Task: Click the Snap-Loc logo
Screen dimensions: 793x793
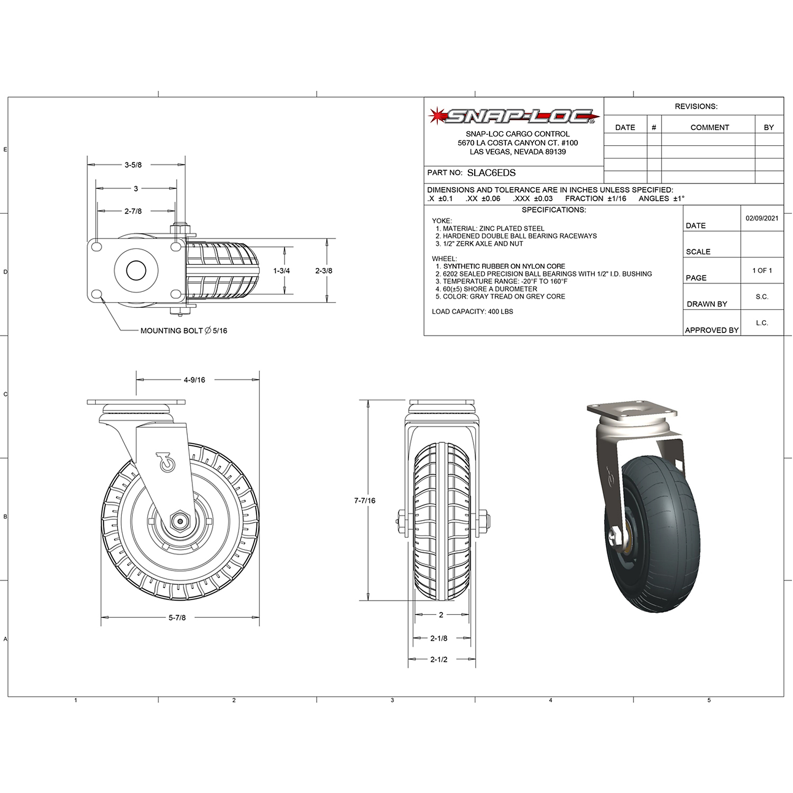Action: [513, 117]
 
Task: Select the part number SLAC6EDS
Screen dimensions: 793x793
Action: [491, 173]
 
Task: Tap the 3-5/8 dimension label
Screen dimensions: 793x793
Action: [133, 165]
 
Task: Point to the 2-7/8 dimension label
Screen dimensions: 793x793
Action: [133, 211]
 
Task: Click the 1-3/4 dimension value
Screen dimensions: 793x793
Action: [282, 271]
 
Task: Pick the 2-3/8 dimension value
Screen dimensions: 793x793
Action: [324, 271]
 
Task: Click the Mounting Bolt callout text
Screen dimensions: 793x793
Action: [184, 331]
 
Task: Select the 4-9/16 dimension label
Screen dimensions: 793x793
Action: [194, 380]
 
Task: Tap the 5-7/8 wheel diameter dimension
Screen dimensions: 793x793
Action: [177, 618]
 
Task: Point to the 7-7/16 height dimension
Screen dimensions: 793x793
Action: [364, 501]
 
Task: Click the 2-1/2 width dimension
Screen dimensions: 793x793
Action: [439, 660]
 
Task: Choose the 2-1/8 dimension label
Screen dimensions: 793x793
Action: [439, 638]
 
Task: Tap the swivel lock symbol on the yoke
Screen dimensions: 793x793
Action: [166, 463]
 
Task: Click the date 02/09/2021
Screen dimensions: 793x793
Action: [762, 218]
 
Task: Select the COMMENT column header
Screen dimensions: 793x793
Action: [710, 128]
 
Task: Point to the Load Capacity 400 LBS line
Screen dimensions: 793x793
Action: [473, 312]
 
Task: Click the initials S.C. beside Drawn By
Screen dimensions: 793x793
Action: [762, 297]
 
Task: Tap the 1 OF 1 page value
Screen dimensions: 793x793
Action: [762, 270]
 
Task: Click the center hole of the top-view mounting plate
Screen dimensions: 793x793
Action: [136, 270]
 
